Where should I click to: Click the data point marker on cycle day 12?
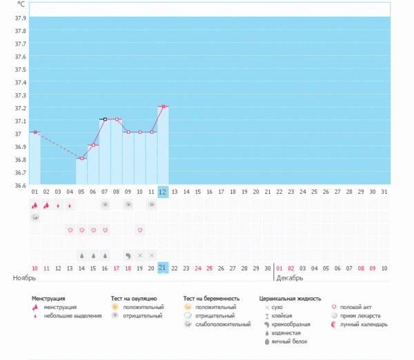[163, 106]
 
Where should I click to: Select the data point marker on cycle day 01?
[34, 132]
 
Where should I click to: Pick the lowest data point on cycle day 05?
[81, 158]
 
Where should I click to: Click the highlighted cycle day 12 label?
[163, 192]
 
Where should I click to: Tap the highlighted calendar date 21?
[163, 268]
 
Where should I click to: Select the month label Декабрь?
[290, 279]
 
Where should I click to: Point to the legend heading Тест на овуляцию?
[134, 299]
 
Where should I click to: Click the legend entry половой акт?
[359, 307]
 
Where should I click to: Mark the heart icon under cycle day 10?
[140, 230]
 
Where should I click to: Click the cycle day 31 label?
[384, 192]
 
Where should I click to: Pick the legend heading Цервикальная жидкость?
[290, 299]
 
